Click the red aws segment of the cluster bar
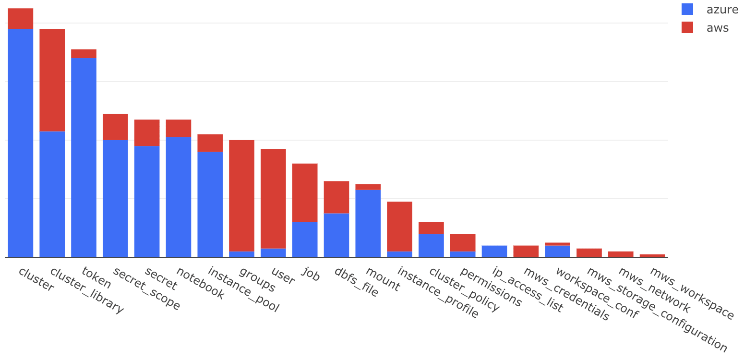(x=21, y=18)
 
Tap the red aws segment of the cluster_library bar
(x=52, y=80)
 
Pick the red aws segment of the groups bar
(x=241, y=195)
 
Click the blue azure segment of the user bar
(x=273, y=252)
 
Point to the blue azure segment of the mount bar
(x=368, y=223)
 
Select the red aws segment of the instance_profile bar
(x=399, y=226)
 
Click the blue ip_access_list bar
(x=494, y=251)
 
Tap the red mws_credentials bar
(x=526, y=251)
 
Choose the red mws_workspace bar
(x=652, y=255)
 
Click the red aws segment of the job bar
(x=305, y=192)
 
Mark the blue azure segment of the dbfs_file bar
(x=336, y=235)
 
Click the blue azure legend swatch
(x=687, y=9)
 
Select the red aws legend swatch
(x=687, y=27)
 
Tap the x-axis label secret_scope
(x=146, y=289)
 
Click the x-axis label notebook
(x=200, y=283)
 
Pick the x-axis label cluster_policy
(x=464, y=289)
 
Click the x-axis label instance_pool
(x=243, y=289)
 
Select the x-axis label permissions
(x=491, y=287)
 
